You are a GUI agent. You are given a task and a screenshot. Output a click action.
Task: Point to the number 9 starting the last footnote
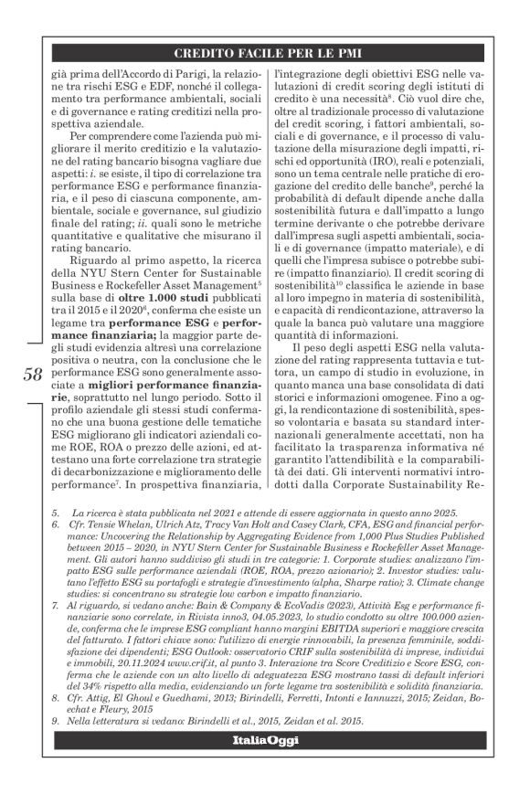pyautogui.click(x=56, y=720)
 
